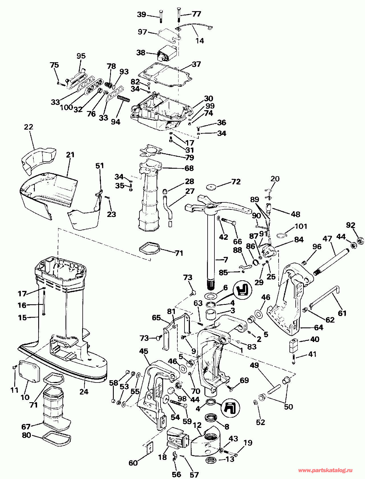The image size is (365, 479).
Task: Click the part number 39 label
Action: pos(142,15)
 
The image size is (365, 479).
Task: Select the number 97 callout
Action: pos(143,32)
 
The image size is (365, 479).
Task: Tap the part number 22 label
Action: pos(29,127)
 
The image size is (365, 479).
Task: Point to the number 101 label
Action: pos(301,226)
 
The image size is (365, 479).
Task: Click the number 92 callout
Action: pos(350,225)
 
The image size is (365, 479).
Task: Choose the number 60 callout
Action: pos(133,463)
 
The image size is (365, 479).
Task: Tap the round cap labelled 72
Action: pos(211,187)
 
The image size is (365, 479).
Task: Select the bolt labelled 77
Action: pos(179,14)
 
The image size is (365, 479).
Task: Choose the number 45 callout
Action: pos(144,351)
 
